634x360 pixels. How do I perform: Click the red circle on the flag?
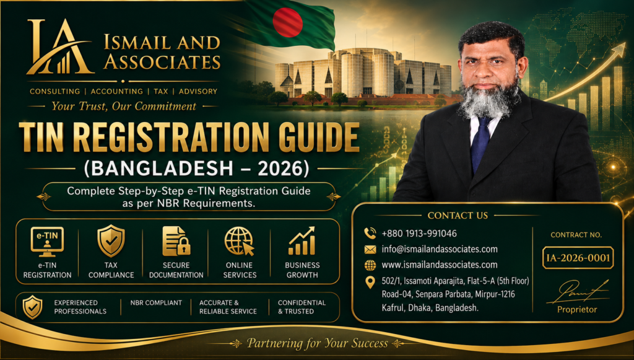click(x=287, y=22)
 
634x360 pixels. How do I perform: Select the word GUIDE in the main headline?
click(x=318, y=137)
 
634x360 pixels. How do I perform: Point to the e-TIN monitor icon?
click(x=47, y=242)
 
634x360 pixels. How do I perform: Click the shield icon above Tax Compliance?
click(x=111, y=241)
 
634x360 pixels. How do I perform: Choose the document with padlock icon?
click(x=176, y=241)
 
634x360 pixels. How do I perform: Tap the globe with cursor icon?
click(x=240, y=241)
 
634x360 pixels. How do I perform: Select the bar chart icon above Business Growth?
click(x=302, y=241)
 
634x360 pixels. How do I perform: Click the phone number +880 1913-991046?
click(x=419, y=234)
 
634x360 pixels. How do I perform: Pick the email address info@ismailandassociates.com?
click(x=440, y=249)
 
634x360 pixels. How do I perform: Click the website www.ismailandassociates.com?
click(x=440, y=265)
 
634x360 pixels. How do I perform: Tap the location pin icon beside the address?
click(x=370, y=282)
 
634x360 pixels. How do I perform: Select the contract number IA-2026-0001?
click(x=578, y=258)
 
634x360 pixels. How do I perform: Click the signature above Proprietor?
click(x=578, y=292)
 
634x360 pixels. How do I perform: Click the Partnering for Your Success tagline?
click(x=318, y=343)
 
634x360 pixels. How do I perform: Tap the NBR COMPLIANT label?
click(x=156, y=302)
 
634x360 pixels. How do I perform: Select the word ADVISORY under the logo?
click(x=198, y=92)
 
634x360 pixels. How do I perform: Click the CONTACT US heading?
click(x=458, y=216)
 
